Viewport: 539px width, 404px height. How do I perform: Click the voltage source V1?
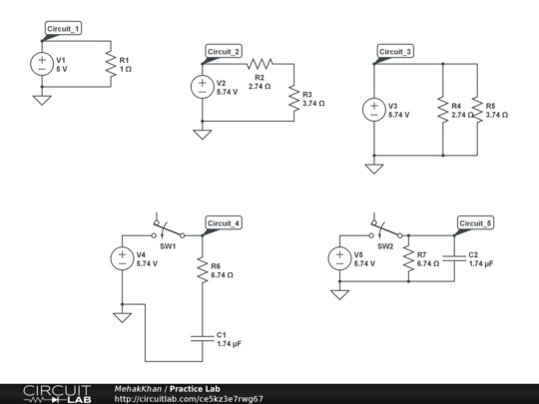tap(42, 64)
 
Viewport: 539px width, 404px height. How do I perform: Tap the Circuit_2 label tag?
tap(224, 51)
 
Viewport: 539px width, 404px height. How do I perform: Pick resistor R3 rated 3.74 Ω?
tap(292, 98)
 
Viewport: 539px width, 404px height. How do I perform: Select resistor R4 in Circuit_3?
tap(442, 110)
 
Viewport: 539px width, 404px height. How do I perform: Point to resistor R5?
tap(476, 110)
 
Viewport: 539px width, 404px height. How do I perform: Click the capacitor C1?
tap(202, 336)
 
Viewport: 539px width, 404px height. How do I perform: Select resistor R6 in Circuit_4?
tap(202, 270)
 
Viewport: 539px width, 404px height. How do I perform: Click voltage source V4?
tap(122, 258)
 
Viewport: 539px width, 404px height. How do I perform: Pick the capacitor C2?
tap(454, 257)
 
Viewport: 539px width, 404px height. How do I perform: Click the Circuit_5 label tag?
tap(475, 222)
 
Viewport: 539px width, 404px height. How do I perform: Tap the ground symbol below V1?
tap(42, 100)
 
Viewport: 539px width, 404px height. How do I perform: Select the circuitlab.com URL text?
tap(189, 398)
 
